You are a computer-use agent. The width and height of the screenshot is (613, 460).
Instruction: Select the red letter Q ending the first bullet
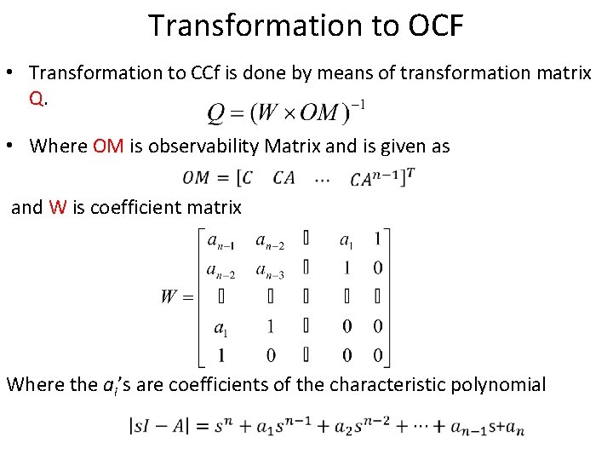36,98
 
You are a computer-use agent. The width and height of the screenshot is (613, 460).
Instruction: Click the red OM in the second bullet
108,146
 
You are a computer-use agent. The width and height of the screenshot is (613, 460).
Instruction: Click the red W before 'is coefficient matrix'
58,207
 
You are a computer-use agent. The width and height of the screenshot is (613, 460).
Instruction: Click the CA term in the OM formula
284,178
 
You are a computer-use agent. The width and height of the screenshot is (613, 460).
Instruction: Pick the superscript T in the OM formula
410,171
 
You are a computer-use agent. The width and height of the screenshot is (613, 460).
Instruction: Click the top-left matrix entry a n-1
223,241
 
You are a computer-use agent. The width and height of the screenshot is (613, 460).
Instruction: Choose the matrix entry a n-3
270,270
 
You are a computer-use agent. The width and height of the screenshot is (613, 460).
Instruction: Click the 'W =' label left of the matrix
176,297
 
